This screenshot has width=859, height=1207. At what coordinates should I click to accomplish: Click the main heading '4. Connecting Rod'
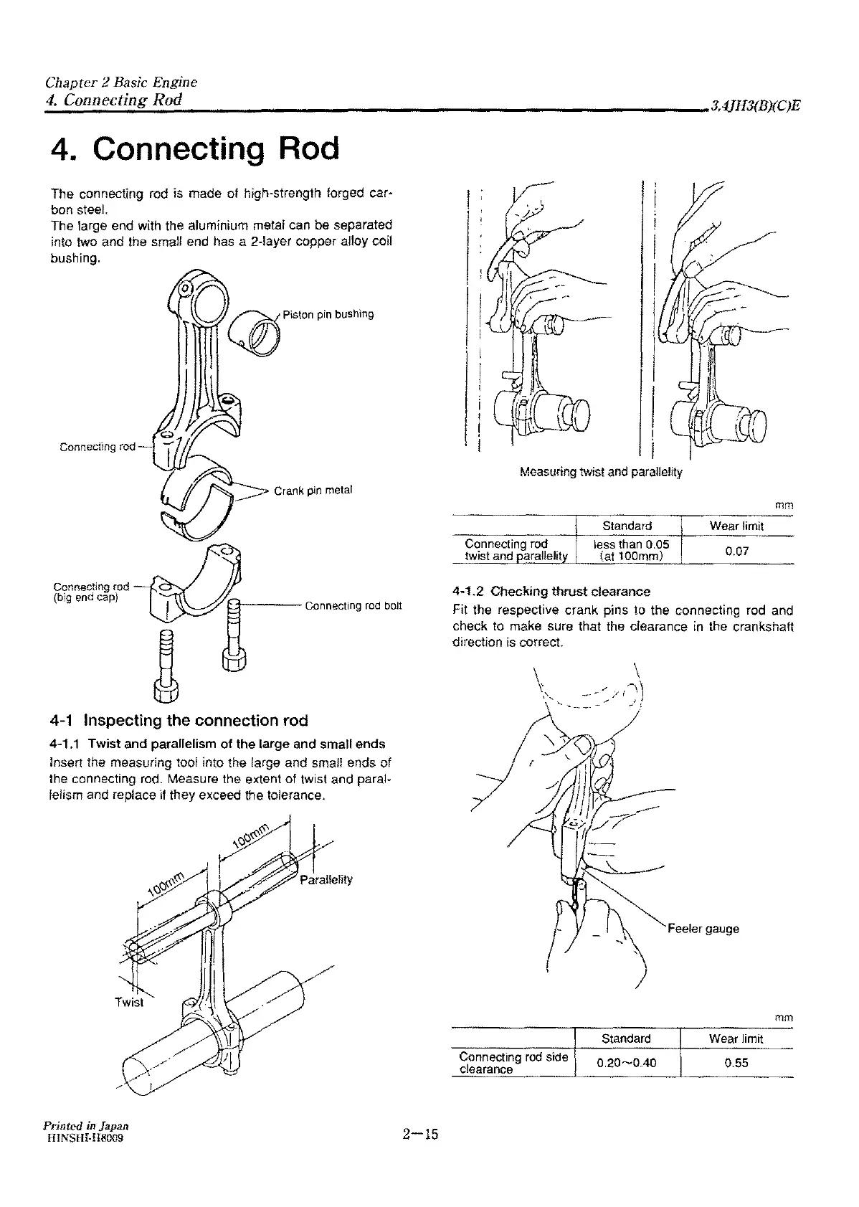[x=195, y=148]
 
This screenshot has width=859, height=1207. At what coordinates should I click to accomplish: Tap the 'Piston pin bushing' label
[x=328, y=314]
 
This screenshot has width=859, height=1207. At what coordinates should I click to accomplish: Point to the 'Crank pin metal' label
[x=313, y=491]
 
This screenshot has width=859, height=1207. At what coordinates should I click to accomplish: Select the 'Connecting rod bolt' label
[x=353, y=606]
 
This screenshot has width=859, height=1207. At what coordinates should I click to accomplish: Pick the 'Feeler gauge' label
[x=703, y=929]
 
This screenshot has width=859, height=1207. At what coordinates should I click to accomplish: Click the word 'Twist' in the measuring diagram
[x=129, y=1002]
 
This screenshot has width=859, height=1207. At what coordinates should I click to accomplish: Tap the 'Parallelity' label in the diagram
[x=326, y=880]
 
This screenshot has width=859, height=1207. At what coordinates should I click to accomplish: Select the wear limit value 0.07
[x=736, y=552]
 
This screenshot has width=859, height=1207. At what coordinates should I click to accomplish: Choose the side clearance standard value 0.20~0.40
[x=626, y=1063]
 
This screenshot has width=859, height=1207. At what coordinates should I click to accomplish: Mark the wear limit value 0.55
[x=736, y=1063]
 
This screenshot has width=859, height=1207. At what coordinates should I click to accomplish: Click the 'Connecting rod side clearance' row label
[x=513, y=1063]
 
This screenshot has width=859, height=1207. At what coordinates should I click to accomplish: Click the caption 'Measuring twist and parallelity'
[x=601, y=472]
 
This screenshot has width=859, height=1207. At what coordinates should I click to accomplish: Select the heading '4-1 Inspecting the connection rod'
[x=179, y=720]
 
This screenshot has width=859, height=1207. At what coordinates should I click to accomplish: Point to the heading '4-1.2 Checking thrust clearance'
[x=551, y=592]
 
